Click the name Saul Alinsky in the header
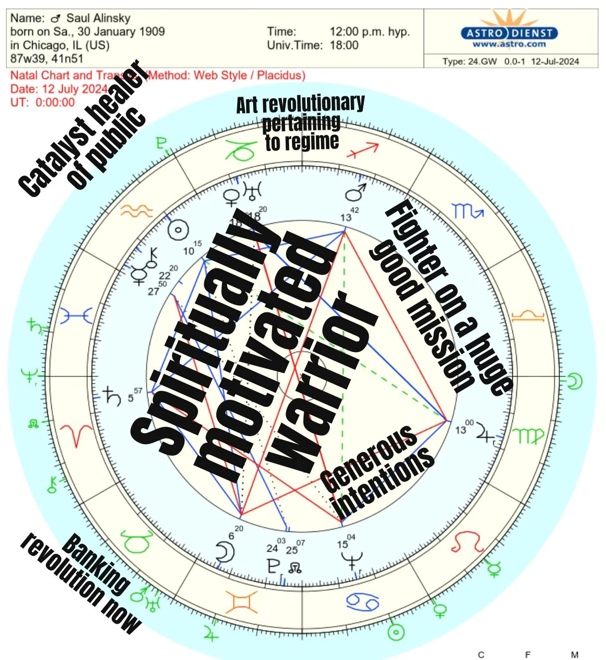coord(98,18)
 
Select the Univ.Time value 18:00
coord(344,45)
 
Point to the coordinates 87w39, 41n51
coord(47,59)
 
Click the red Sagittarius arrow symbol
coord(363,150)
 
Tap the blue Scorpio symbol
coord(467,212)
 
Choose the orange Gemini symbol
coord(241,602)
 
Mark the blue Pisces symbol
coord(76,316)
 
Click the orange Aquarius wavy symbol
coord(136,211)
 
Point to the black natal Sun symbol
coord(177,230)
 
